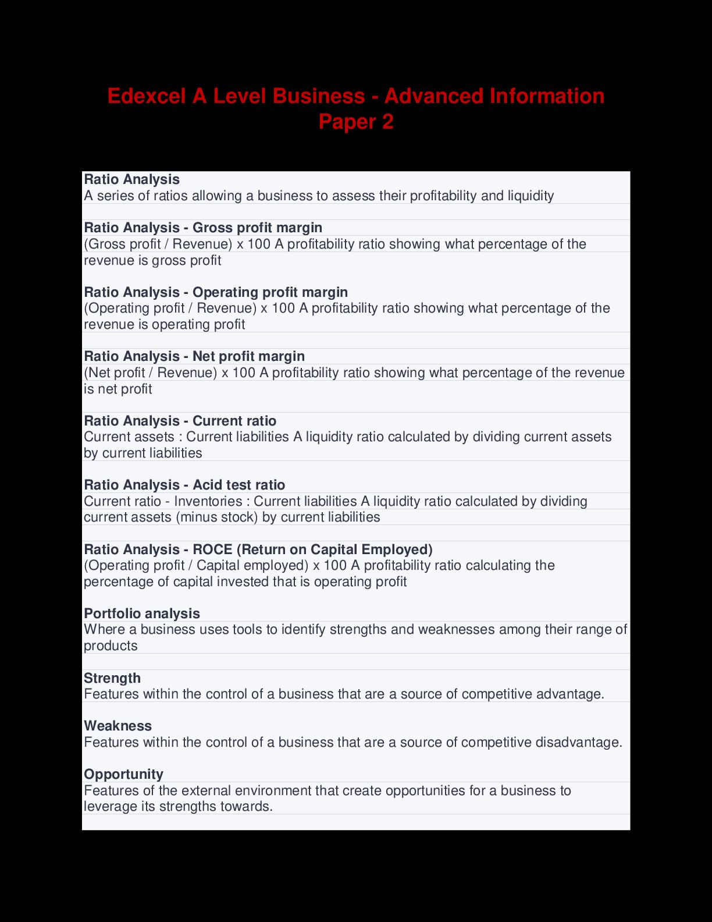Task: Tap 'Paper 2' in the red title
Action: click(x=355, y=122)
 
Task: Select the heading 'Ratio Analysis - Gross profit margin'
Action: click(x=203, y=228)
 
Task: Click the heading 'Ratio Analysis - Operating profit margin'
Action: click(x=216, y=292)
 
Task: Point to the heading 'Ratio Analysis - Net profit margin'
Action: click(x=194, y=356)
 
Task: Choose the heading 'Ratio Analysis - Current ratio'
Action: click(x=180, y=421)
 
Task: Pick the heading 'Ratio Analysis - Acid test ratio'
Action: click(x=184, y=485)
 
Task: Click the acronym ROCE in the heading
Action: click(x=212, y=549)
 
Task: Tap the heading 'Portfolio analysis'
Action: click(x=142, y=614)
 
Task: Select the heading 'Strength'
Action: click(x=112, y=678)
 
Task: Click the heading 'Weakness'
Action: click(x=118, y=726)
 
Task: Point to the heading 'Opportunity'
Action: click(x=123, y=774)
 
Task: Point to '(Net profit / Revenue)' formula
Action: click(x=151, y=373)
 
